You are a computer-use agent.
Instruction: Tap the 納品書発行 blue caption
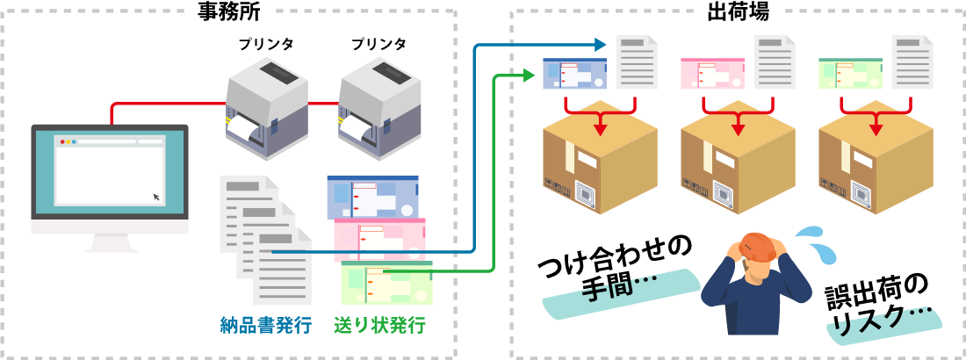(265, 325)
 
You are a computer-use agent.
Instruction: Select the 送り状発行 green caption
(379, 325)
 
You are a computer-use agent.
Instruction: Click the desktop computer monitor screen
(110, 170)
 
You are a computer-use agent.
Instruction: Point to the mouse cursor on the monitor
(157, 197)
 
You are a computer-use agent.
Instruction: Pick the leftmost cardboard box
(600, 163)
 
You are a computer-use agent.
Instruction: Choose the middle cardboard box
(738, 163)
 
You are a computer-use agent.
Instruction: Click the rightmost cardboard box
(876, 163)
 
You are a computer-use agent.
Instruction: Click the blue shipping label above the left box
(574, 74)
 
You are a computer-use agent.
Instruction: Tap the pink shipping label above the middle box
(712, 74)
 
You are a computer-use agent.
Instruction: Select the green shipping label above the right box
(850, 74)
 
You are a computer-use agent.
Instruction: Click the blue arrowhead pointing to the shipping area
(602, 44)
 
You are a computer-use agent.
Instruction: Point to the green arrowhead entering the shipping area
(530, 76)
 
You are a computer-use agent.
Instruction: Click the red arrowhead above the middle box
(738, 129)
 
